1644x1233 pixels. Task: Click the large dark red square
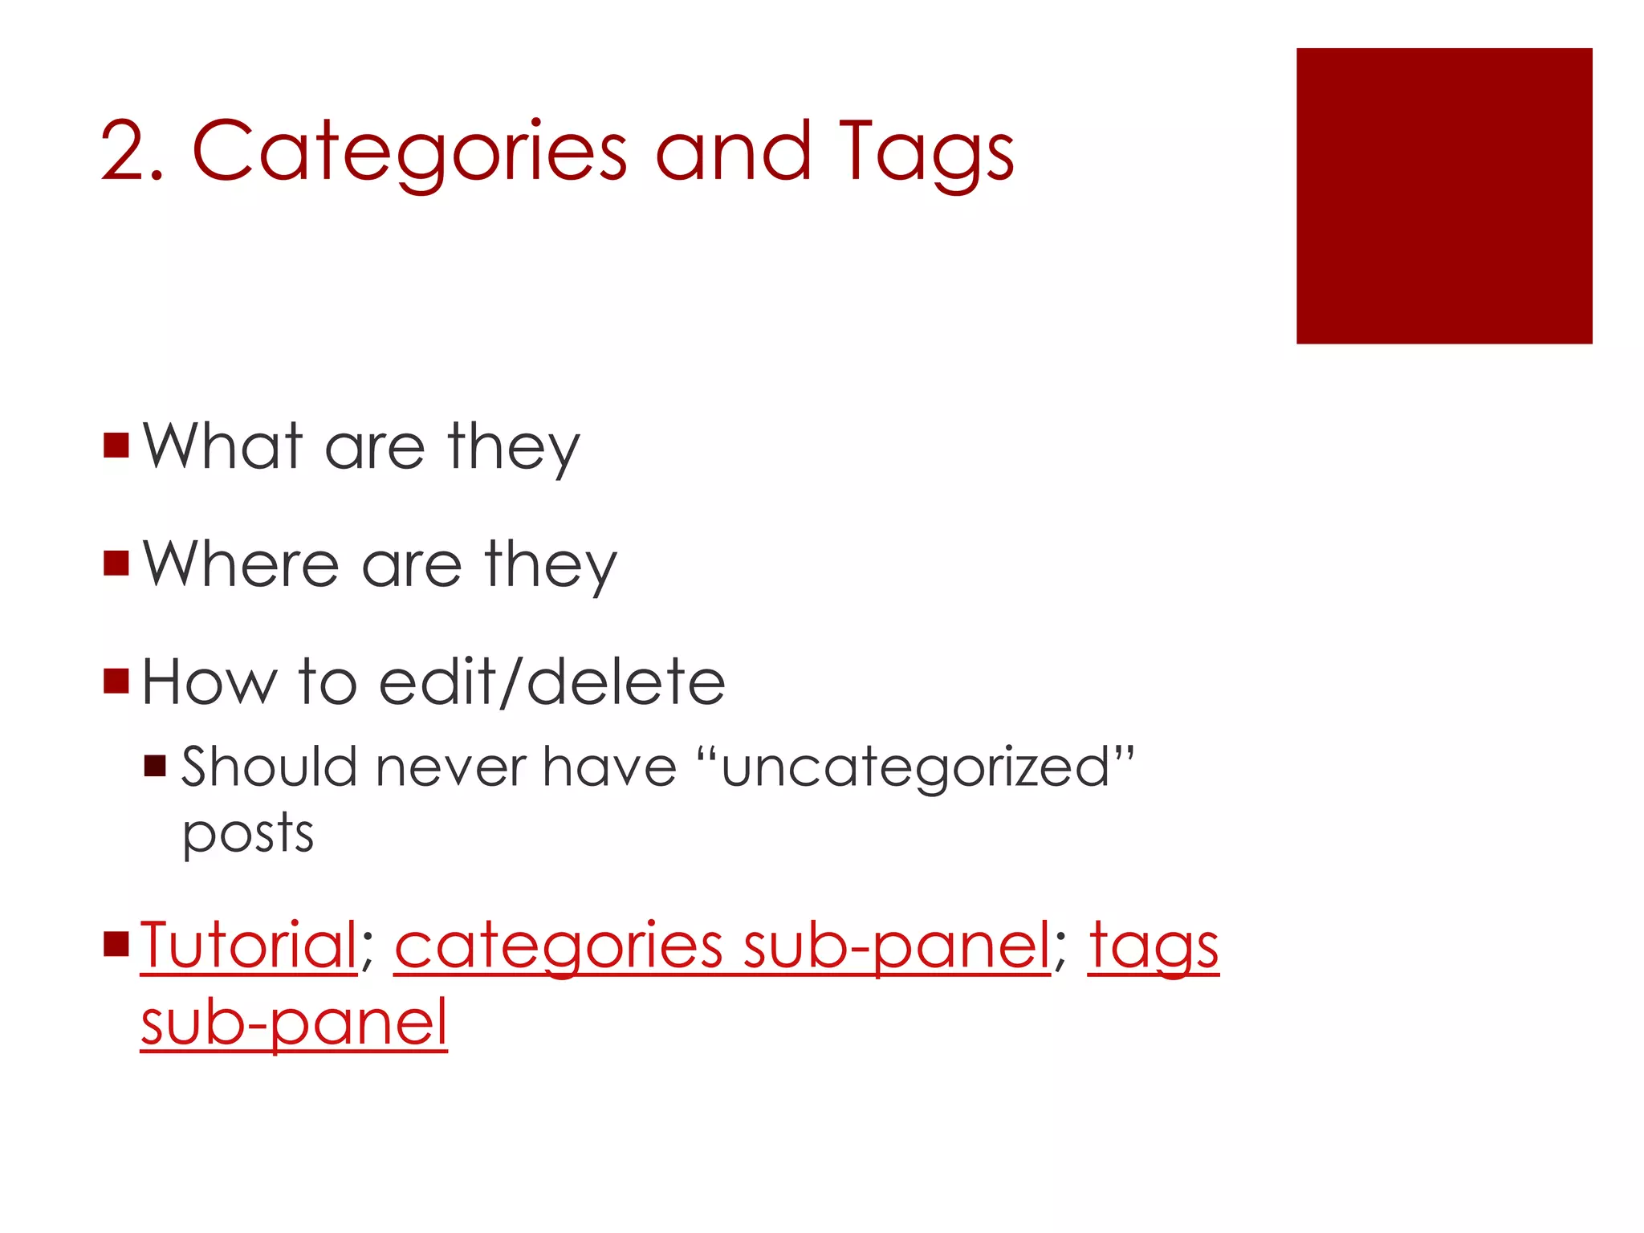1443,196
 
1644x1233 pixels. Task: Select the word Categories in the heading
409,153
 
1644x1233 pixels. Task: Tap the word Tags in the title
926,153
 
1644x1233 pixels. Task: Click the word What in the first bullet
223,446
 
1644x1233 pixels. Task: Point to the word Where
241,564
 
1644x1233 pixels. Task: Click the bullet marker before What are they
116,446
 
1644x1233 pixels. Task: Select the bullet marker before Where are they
116,564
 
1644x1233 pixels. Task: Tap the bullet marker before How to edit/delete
116,681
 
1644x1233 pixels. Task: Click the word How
209,682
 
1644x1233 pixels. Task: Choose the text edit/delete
551,682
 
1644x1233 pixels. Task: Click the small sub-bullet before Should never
155,766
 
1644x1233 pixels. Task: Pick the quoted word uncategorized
915,767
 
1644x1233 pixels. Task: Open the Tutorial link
249,946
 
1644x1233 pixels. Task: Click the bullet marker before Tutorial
116,945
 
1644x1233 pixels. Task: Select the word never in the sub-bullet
450,767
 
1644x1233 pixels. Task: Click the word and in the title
732,153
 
